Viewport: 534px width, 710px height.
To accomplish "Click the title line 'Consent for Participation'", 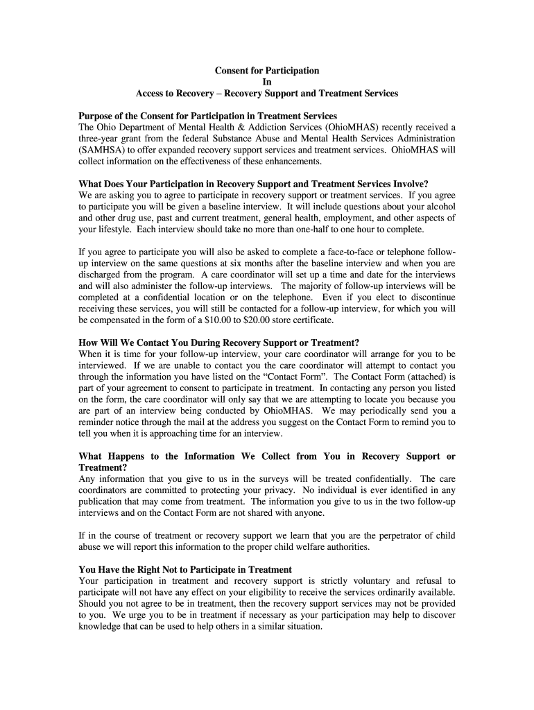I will [x=267, y=71].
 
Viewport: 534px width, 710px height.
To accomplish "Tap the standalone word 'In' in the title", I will [x=267, y=82].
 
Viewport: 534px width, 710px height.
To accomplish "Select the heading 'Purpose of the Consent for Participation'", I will [x=208, y=116].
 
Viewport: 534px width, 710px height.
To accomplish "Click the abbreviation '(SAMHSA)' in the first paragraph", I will [x=102, y=150].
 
